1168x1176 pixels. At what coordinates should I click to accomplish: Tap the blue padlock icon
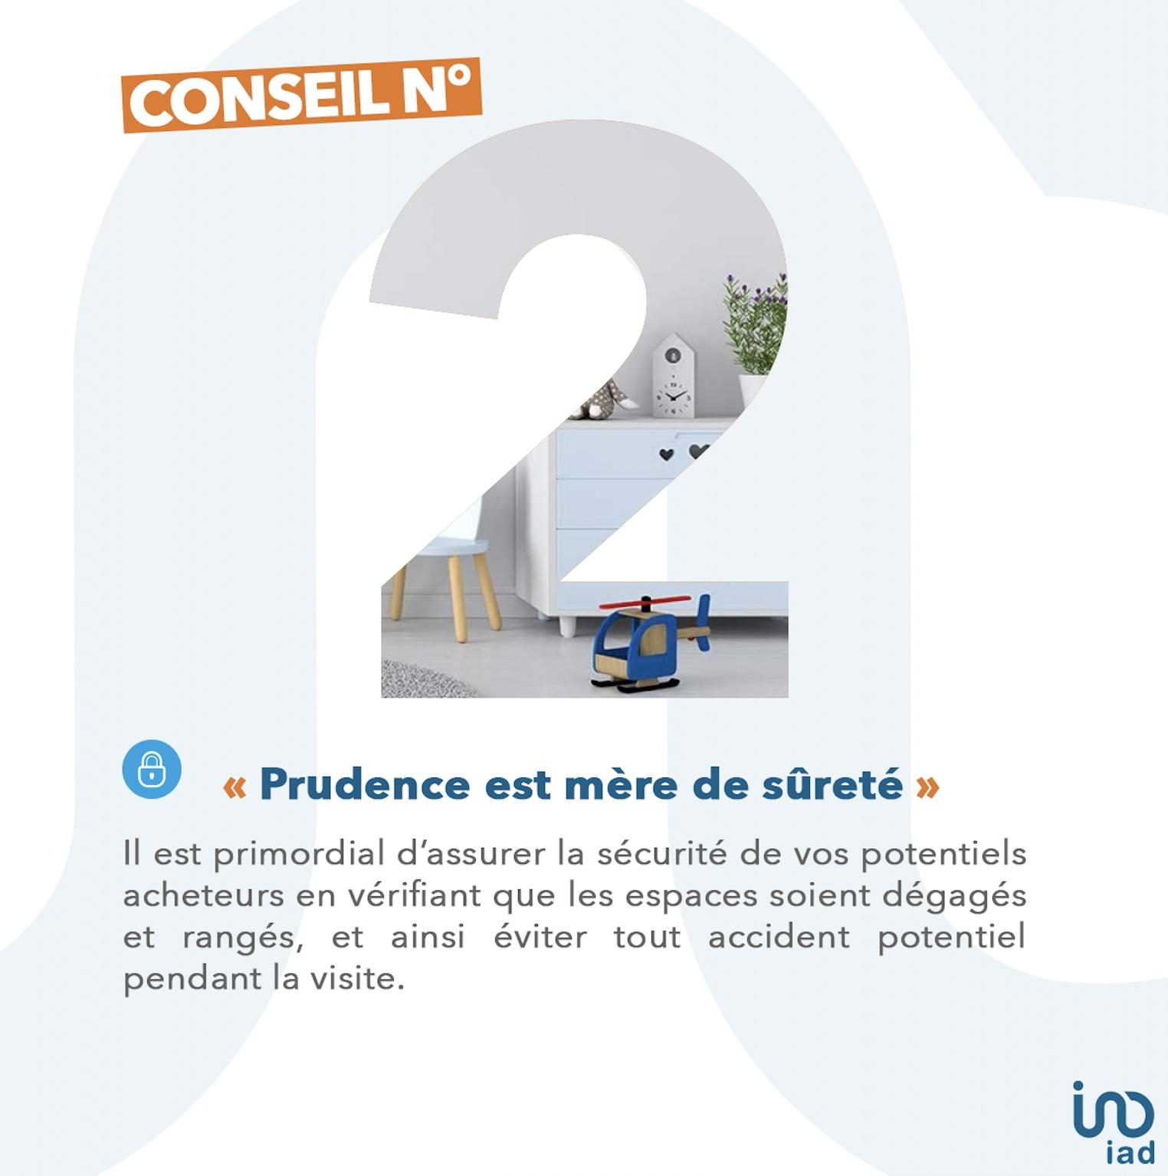coord(152,769)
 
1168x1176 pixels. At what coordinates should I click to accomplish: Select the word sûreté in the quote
coord(832,784)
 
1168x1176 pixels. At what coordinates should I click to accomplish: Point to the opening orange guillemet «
coord(235,787)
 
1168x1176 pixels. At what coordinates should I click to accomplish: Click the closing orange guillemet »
coord(927,787)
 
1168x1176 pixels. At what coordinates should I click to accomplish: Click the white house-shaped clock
coord(673,376)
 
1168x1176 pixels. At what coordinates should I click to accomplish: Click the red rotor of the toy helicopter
coord(646,603)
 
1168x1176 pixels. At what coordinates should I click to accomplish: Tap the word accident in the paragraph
coord(779,936)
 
